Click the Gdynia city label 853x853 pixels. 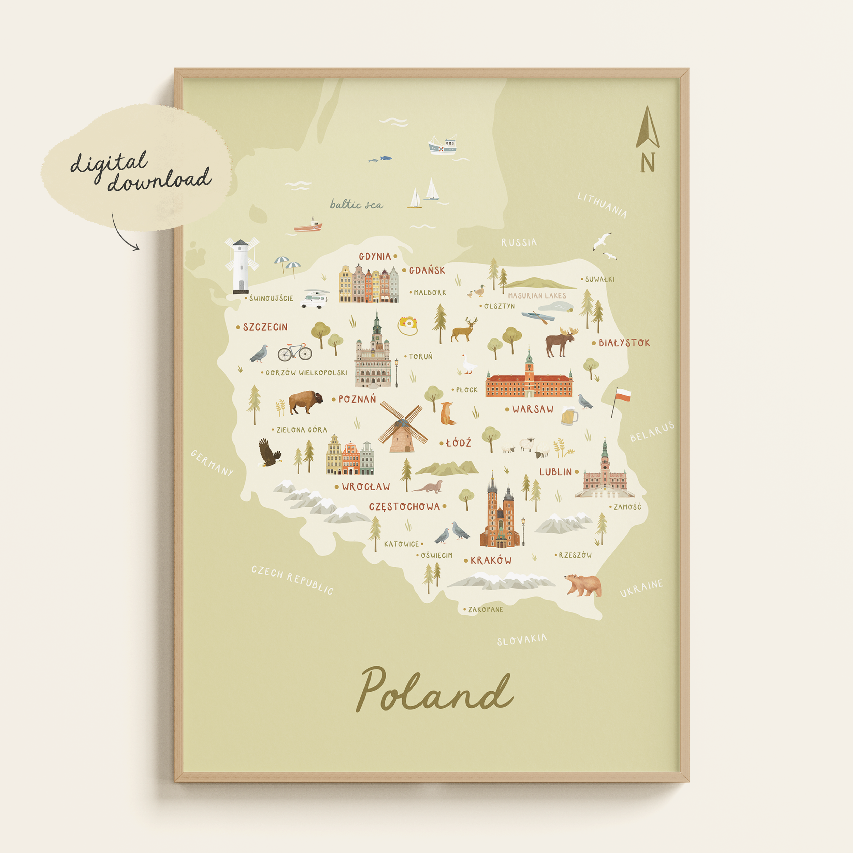(x=374, y=257)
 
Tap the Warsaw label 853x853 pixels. (x=533, y=409)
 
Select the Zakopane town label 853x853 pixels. (x=485, y=610)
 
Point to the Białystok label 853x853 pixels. (x=624, y=343)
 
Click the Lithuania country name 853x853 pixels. (x=602, y=205)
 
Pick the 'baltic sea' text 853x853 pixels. (x=356, y=204)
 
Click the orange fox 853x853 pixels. (x=447, y=414)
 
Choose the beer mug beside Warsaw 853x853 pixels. (x=569, y=416)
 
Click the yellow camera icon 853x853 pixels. (x=408, y=325)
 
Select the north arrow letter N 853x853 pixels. (x=647, y=162)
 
